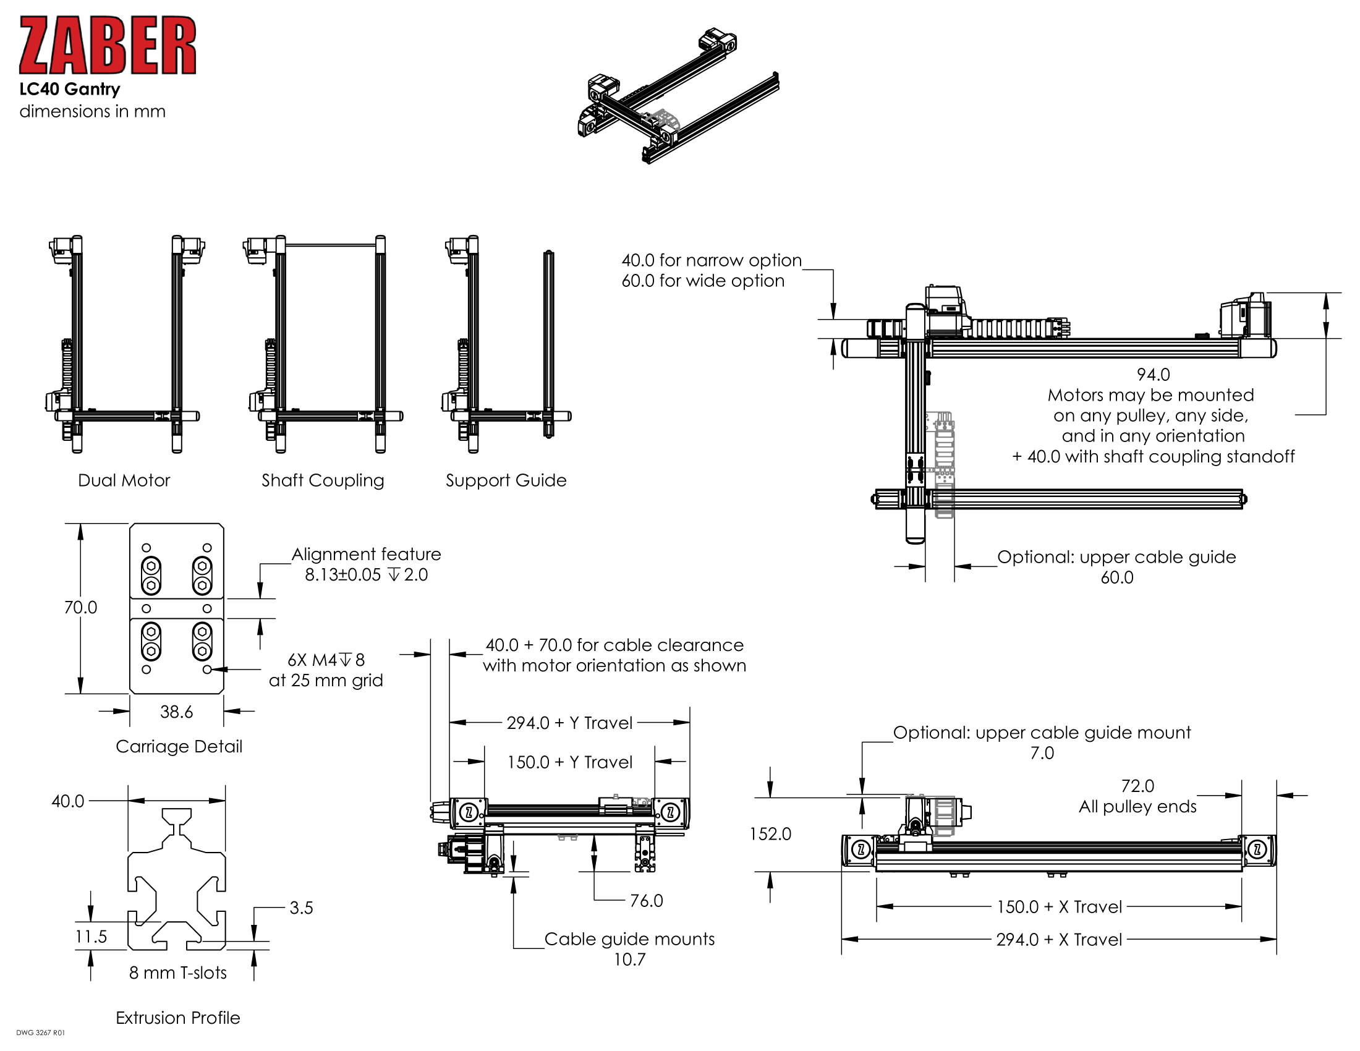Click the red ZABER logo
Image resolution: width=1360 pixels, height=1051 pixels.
pos(107,46)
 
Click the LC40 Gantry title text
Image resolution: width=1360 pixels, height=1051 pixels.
pos(69,89)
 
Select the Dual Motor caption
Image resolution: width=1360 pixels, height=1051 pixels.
pos(123,480)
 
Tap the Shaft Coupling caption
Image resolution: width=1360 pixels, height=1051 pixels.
pos(323,480)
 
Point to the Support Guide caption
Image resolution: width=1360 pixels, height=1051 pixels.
pos(506,480)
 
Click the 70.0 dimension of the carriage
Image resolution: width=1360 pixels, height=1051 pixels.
pos(80,607)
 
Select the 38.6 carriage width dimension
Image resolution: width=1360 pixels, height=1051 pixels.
pos(176,712)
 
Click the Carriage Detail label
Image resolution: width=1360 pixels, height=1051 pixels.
pos(179,746)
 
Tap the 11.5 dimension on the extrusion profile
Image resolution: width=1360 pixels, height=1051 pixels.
pos(91,937)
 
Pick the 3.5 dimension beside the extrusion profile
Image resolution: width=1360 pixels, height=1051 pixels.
pos(301,908)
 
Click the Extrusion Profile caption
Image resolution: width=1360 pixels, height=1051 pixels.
pos(177,1018)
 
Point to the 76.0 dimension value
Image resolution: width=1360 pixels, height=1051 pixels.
pos(646,900)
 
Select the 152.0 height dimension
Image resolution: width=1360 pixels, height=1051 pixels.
pos(770,834)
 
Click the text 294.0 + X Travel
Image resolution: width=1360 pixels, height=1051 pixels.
pos(1058,939)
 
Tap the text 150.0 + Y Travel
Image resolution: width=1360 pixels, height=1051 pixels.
pos(570,762)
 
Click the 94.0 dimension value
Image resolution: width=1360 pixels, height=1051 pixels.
pos(1153,374)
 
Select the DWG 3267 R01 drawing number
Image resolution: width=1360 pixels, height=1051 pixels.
pos(40,1032)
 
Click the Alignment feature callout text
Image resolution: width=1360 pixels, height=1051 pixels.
pos(366,554)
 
